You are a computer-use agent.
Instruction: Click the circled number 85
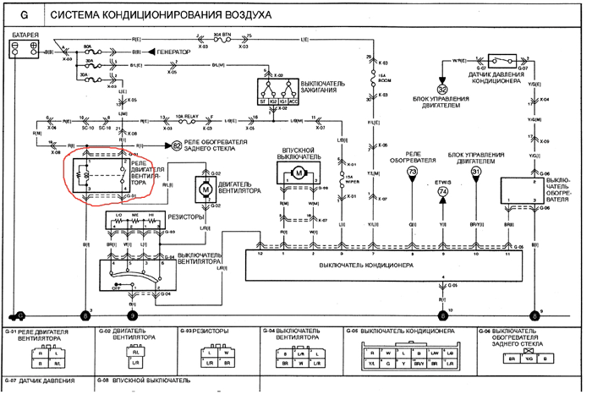pyautogui.click(x=177, y=145)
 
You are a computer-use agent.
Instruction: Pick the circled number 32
pyautogui.click(x=441, y=89)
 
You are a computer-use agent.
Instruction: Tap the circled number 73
pyautogui.click(x=412, y=172)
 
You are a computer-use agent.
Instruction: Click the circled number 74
pyautogui.click(x=442, y=193)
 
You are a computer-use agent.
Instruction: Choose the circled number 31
pyautogui.click(x=476, y=172)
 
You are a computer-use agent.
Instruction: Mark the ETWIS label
pyautogui.click(x=442, y=180)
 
